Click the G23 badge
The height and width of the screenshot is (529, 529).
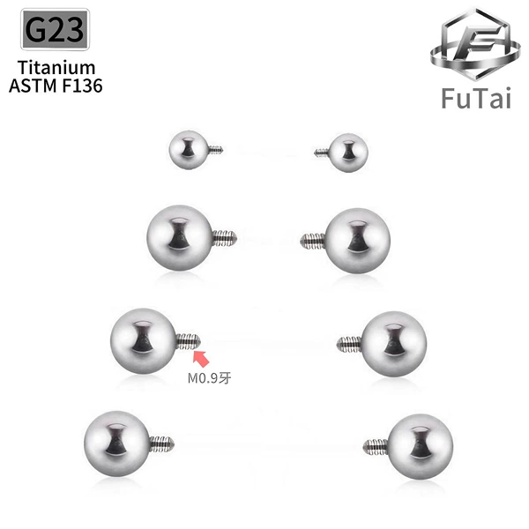55,29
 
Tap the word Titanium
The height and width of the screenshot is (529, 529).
56,68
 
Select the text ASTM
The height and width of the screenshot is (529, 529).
33,86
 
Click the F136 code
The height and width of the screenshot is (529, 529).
82,86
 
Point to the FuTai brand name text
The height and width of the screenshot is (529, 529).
476,98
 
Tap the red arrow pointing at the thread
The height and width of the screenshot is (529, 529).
201,358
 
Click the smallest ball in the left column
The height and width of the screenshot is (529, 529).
189,150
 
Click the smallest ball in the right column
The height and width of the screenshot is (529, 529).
348,153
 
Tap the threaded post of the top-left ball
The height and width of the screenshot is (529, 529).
216,150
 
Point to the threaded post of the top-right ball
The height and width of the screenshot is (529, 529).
322,153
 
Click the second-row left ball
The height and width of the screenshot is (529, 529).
180,238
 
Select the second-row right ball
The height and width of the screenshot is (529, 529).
357,241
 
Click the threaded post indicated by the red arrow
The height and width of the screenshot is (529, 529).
189,341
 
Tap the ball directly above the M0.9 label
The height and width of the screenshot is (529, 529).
144,341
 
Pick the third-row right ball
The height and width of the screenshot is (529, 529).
394,344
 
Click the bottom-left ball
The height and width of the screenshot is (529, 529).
117,444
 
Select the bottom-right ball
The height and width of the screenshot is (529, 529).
421,447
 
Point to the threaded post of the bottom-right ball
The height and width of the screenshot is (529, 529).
376,447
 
